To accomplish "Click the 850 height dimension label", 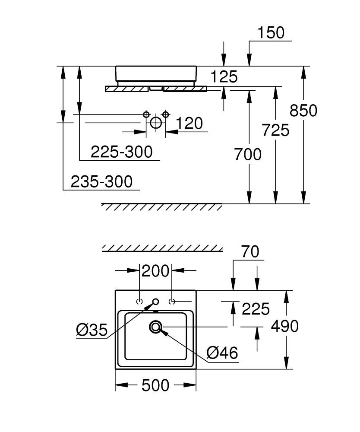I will click(303, 111).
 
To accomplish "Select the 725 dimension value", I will click(275, 130).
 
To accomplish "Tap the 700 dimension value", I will click(248, 154).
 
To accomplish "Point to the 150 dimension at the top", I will click(271, 33).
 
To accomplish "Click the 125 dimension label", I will click(224, 77).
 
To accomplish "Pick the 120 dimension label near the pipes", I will click(189, 124).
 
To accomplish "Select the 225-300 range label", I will click(121, 152).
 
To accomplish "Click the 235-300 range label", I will click(101, 181).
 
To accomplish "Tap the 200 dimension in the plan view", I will click(155, 271).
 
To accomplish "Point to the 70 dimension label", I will click(251, 252).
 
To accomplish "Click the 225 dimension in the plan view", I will click(256, 309).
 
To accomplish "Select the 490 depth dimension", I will click(284, 326).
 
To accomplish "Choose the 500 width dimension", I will click(155, 385).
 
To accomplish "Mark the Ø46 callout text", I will click(222, 353).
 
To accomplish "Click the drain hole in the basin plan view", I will click(156, 327).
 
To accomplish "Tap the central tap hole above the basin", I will click(156, 302).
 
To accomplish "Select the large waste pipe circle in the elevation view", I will click(155, 123).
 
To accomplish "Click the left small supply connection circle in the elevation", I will click(146, 114).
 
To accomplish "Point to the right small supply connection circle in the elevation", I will click(164, 114).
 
